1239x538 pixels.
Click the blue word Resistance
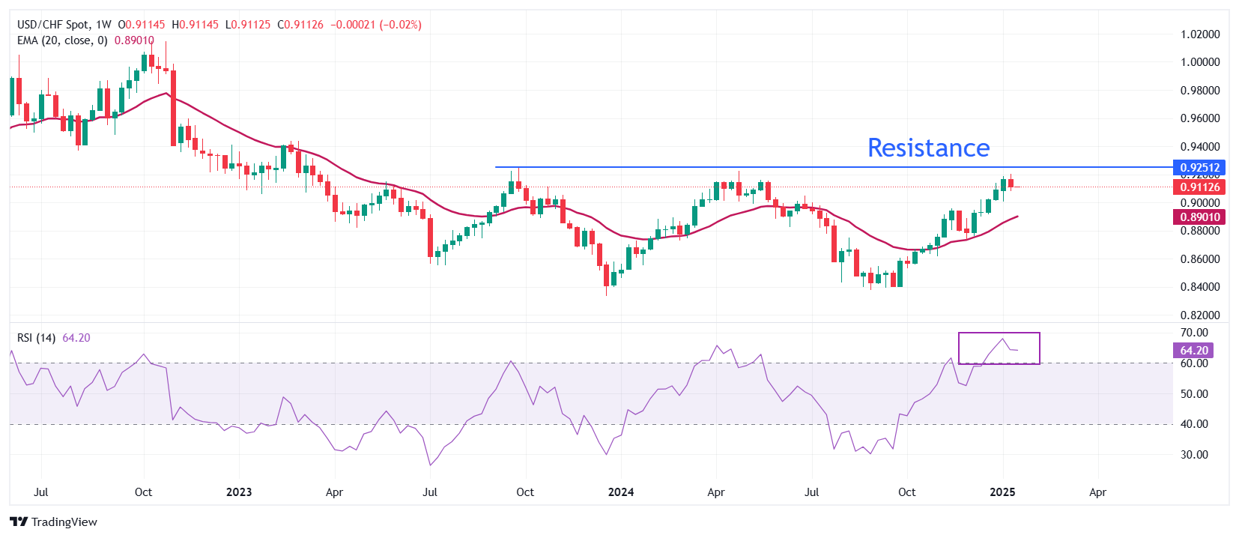coord(928,148)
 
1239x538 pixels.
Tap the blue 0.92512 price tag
coord(1200,167)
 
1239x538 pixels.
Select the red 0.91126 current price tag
coord(1200,187)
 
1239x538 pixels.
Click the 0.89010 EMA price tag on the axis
coord(1200,217)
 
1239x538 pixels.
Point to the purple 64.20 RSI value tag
coord(1194,351)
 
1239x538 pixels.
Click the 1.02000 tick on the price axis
coord(1200,34)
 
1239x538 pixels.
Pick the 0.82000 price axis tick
coord(1200,315)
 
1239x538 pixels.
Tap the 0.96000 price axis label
coord(1200,118)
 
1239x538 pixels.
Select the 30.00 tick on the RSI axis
coord(1194,455)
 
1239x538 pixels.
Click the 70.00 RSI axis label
coord(1194,333)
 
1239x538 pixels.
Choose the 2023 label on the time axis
coord(239,492)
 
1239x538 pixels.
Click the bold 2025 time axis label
coord(1002,492)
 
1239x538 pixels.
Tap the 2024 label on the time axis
coord(620,492)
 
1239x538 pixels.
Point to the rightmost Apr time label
coord(1097,492)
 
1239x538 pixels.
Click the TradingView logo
coord(54,522)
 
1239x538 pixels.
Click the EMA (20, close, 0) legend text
coord(62,40)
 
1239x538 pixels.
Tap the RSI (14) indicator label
coord(36,338)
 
